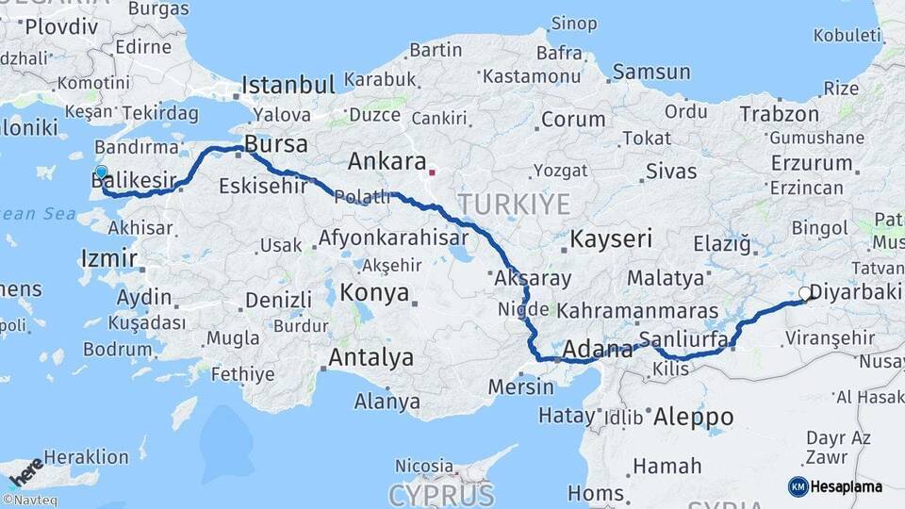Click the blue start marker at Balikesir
click(101, 172)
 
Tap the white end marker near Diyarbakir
click(805, 294)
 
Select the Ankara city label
click(387, 161)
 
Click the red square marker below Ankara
click(432, 172)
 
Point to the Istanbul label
click(288, 85)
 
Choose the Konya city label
click(374, 292)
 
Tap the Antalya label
click(370, 357)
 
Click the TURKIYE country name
click(515, 204)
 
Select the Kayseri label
click(611, 238)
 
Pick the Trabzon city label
click(780, 114)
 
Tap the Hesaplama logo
click(835, 486)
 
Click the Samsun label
click(651, 72)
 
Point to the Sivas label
click(671, 172)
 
